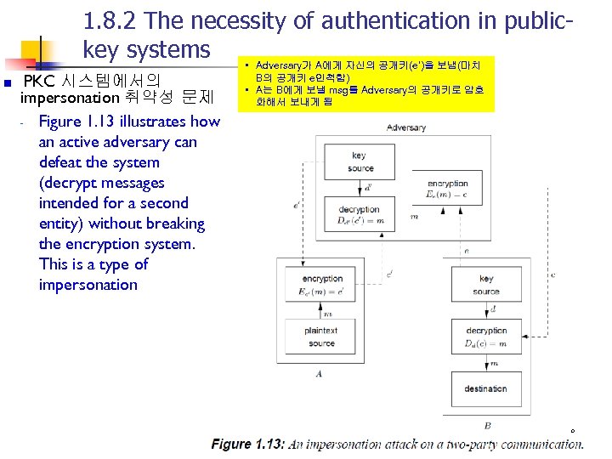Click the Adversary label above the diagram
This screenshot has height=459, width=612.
point(405,127)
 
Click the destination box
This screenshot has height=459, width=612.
point(485,388)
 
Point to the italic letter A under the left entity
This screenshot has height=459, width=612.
point(318,373)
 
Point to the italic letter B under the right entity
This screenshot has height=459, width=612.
point(487,425)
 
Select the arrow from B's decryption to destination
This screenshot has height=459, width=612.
point(485,362)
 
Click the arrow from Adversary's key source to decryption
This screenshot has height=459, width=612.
point(360,187)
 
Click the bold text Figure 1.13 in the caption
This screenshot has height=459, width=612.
point(247,444)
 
